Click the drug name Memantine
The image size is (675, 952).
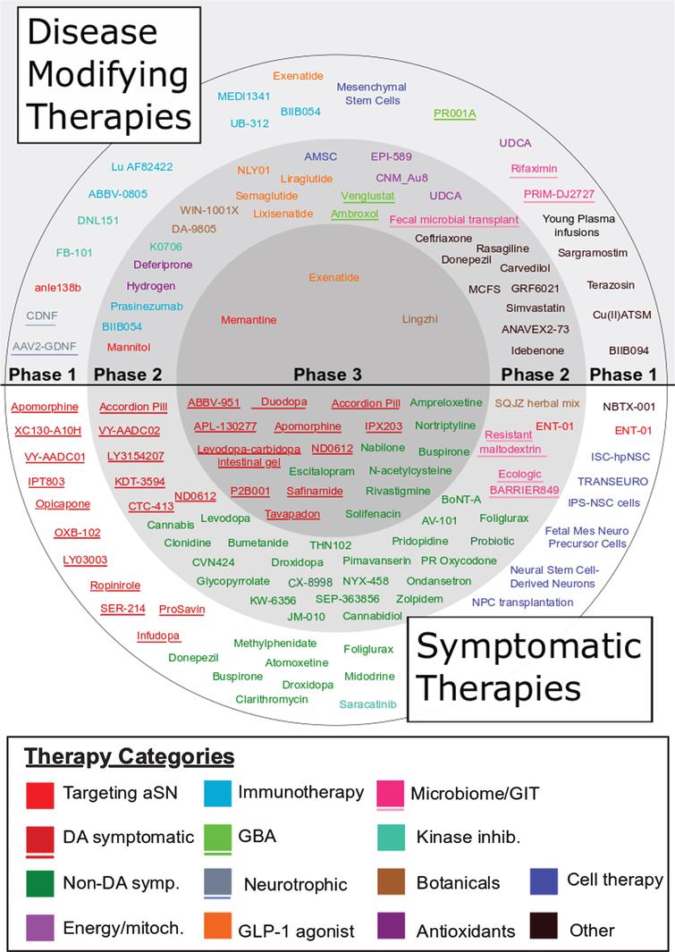[248, 320]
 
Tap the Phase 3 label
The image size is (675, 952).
[337, 374]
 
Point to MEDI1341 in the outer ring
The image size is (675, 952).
[242, 96]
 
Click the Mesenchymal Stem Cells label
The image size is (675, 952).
[372, 94]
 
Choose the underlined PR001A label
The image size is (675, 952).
[454, 114]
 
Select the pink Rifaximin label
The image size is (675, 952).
[534, 168]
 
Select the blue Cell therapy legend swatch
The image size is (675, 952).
[544, 880]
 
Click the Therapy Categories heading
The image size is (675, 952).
[130, 757]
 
